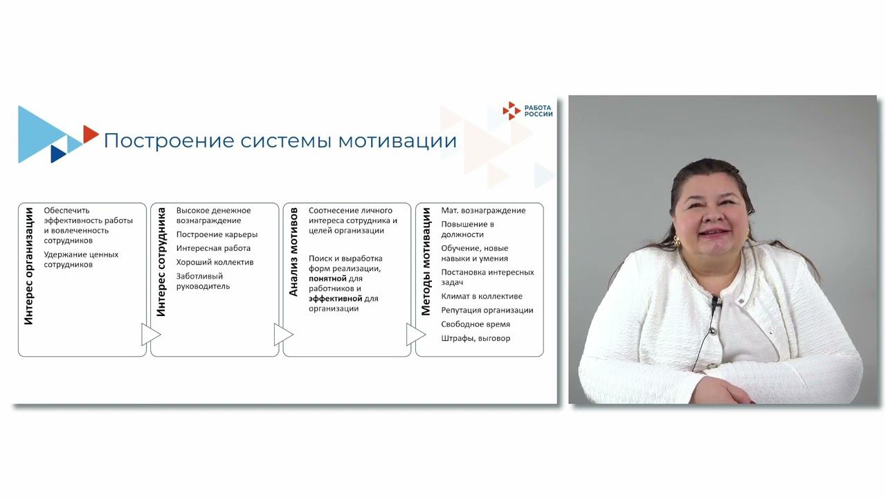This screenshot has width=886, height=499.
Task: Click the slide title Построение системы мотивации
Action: [280, 141]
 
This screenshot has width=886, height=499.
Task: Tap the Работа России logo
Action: [527, 110]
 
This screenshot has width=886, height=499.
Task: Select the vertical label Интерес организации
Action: [29, 265]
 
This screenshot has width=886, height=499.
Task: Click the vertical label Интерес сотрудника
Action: [161, 261]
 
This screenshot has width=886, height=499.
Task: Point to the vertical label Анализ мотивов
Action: [293, 252]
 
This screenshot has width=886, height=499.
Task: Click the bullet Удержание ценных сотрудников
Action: [81, 259]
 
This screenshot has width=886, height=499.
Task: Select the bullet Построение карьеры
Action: [217, 234]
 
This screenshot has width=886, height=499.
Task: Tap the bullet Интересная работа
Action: [213, 248]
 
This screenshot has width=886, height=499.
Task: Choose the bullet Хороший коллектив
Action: [215, 262]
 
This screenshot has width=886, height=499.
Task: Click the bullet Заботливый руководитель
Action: [203, 281]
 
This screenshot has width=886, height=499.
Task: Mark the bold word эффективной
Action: [336, 298]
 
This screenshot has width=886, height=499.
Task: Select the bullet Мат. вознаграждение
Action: [483, 211]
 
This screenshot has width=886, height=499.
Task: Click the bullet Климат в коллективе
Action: [482, 296]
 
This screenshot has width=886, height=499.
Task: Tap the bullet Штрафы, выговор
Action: [476, 338]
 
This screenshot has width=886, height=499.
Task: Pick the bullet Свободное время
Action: [476, 324]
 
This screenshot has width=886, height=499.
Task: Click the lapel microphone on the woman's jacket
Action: [716, 303]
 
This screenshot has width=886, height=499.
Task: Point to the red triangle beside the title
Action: [90, 134]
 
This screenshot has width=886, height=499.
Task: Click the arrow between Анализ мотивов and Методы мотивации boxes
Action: [415, 335]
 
